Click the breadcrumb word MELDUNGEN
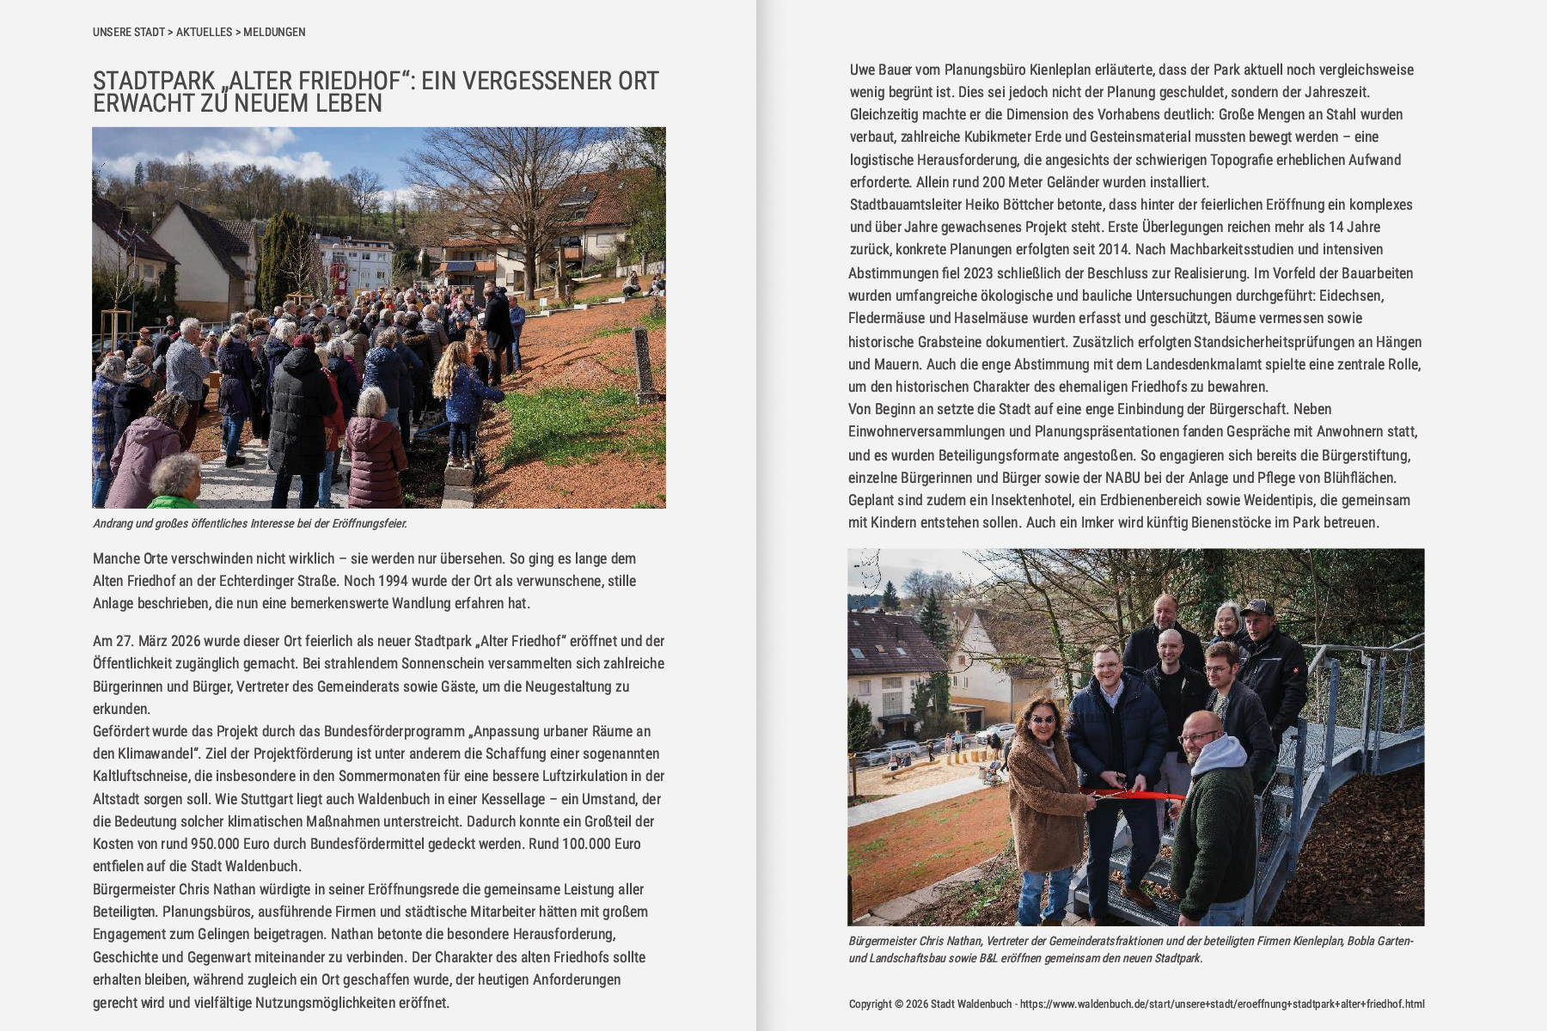pyautogui.click(x=274, y=33)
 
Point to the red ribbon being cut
pyautogui.click(x=1134, y=794)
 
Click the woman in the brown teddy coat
pyautogui.click(x=1043, y=799)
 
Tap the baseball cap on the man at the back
pyautogui.click(x=1257, y=607)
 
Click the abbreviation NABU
pyautogui.click(x=1123, y=478)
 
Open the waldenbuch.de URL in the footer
pyautogui.click(x=1221, y=1004)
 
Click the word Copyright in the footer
pyautogui.click(x=870, y=1004)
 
